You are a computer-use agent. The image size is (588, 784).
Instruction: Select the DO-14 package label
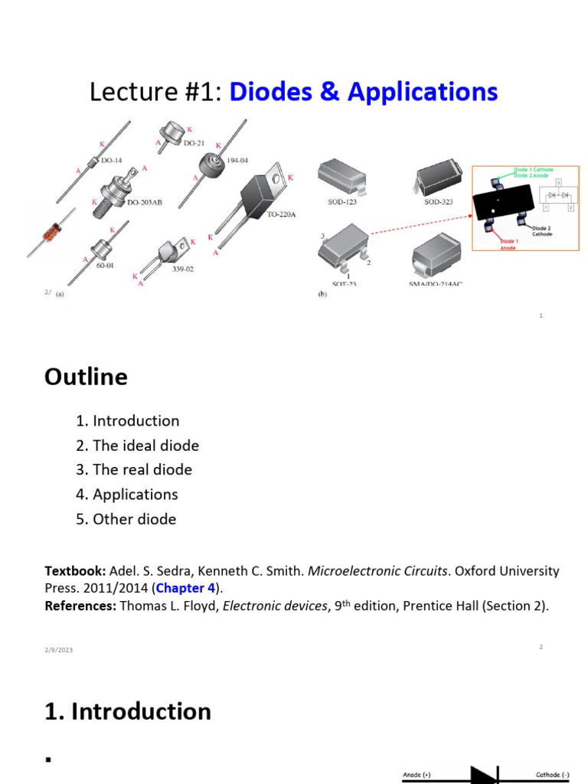coord(112,161)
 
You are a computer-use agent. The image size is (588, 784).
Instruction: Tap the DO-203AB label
coord(144,203)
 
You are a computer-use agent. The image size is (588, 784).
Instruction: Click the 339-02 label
coord(182,269)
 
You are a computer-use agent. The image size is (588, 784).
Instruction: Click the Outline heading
coord(86,377)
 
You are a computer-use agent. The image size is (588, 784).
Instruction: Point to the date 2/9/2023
coord(58,650)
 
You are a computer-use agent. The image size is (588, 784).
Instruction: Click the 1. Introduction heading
coord(128,711)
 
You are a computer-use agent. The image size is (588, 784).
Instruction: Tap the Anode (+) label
coord(417,775)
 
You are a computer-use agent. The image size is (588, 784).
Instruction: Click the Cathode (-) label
coord(550,775)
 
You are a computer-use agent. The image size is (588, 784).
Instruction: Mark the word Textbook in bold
coord(76,571)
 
